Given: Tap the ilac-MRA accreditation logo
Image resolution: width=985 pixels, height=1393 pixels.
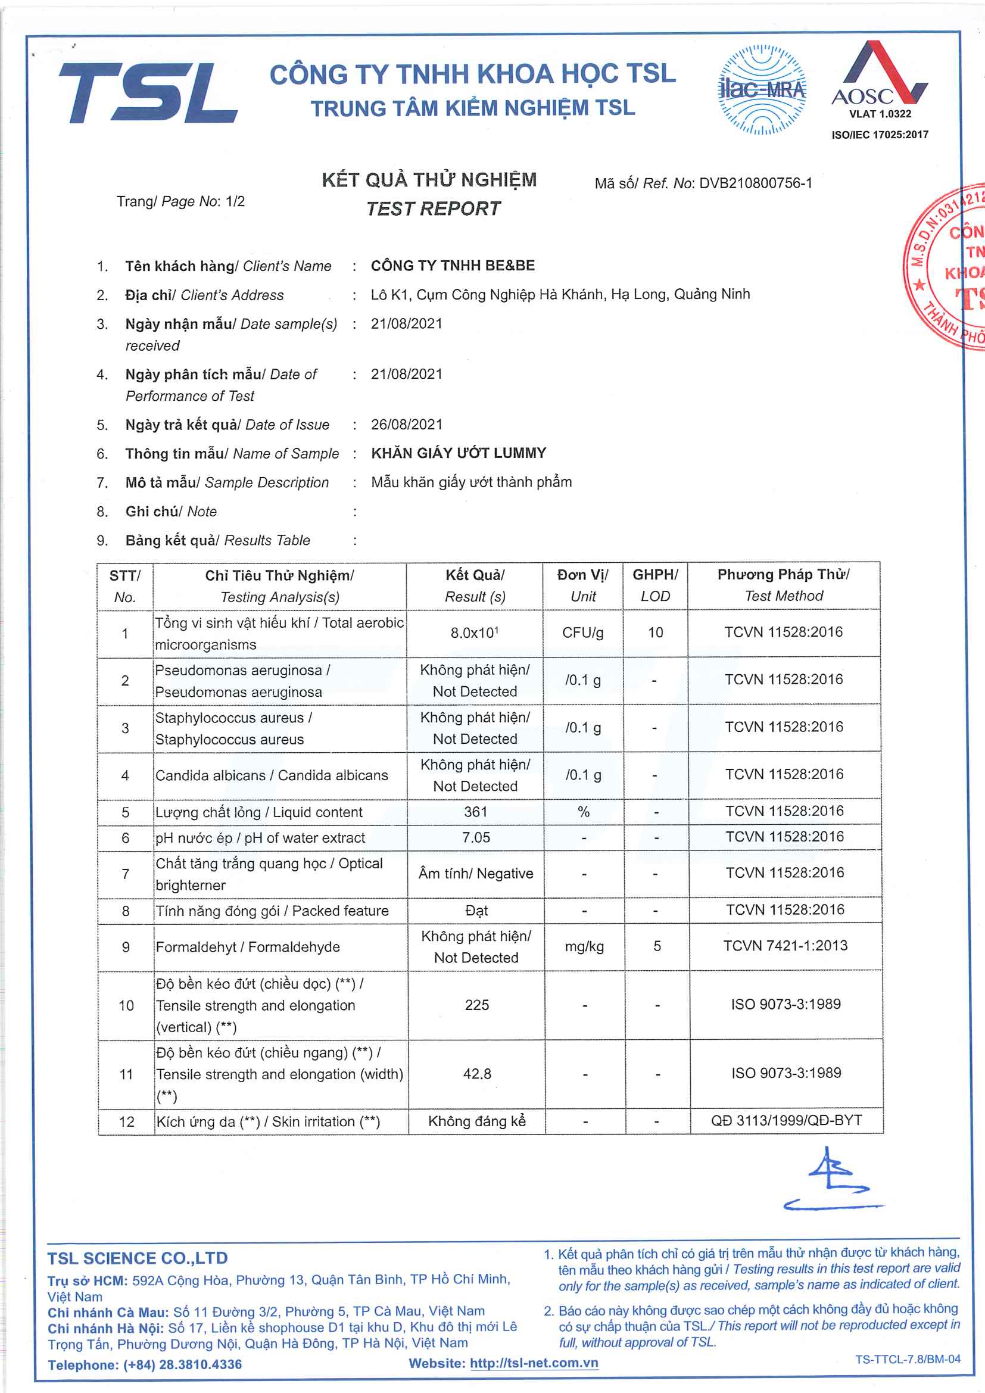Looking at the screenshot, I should point(762,90).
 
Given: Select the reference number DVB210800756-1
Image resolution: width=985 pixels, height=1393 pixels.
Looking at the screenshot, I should point(755,183).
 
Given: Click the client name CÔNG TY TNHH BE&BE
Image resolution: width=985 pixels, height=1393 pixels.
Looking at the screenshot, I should point(453,266).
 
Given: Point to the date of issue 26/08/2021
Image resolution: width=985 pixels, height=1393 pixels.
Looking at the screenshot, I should point(406,425).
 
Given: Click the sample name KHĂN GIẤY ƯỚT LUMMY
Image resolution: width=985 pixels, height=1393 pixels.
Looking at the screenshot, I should point(459,453).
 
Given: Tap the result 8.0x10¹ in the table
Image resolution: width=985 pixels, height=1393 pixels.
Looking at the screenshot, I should point(474,633).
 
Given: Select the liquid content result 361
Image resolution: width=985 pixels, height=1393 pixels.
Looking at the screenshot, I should point(475,812).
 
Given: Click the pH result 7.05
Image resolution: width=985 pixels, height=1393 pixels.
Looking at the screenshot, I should point(475,838).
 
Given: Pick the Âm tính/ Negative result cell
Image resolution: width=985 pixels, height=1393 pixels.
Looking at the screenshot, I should point(475,874).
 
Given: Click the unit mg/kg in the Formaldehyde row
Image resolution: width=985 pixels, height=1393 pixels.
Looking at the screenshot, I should point(584,946).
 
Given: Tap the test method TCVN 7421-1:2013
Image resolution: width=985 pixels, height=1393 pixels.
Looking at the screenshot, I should point(785,945).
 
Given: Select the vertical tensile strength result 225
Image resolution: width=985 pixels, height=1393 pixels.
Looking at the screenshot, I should point(477,1005).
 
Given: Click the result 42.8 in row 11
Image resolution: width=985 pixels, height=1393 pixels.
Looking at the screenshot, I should point(477,1074).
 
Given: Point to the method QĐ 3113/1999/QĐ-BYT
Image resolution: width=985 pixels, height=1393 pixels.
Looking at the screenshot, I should point(786,1120).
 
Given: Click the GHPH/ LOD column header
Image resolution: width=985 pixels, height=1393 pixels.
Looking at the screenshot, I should point(655,585).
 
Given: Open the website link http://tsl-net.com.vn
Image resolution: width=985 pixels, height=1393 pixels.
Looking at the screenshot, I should point(534,1363).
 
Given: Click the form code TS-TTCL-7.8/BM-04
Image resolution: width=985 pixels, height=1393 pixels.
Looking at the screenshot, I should point(908,1359).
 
